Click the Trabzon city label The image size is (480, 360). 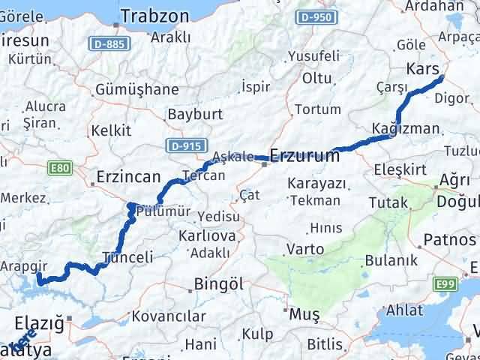(x=155, y=16)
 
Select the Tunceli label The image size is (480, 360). (x=127, y=256)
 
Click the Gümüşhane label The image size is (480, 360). (x=137, y=90)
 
